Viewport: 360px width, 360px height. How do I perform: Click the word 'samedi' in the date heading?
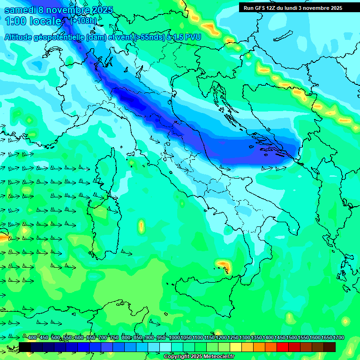pyautogui.click(x=21, y=10)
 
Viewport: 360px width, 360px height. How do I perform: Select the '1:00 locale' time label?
pyautogui.click(x=33, y=21)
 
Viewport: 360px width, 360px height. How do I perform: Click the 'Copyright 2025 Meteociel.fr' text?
pyautogui.click(x=199, y=357)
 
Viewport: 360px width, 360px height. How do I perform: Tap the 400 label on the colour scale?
pyautogui.click(x=32, y=338)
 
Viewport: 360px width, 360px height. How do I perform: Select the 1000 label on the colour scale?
pyautogui.click(x=174, y=338)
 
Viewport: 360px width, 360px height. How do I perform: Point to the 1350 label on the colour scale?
pyautogui.click(x=256, y=338)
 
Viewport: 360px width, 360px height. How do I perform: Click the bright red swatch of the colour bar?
pyautogui.click(x=283, y=347)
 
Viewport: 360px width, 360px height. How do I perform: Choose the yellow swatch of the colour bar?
pyautogui.click(x=236, y=347)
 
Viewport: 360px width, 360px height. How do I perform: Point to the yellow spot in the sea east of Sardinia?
pyautogui.click(x=141, y=227)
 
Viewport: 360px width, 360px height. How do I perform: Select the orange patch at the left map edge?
pyautogui.click(x=2, y=238)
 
